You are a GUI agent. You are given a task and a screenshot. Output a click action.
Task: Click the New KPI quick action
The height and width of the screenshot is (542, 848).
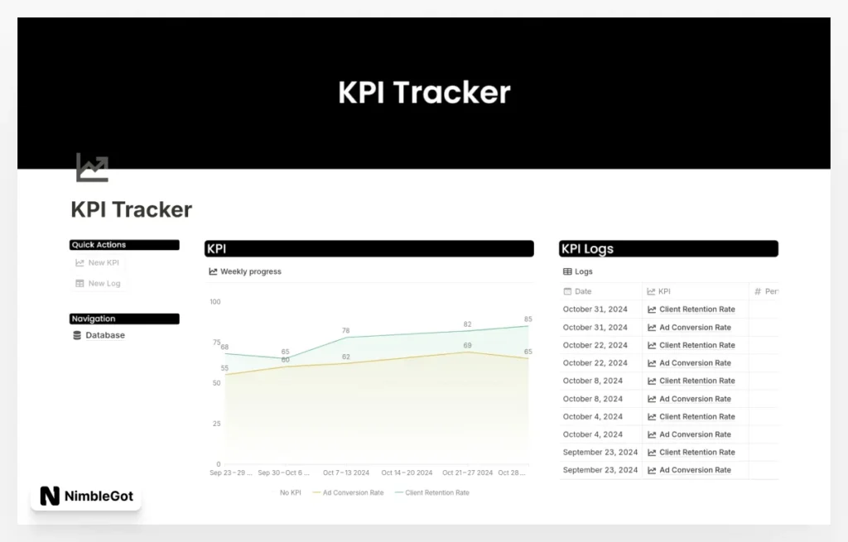(x=98, y=263)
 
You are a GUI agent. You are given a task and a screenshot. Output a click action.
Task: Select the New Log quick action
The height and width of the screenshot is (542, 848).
(x=98, y=284)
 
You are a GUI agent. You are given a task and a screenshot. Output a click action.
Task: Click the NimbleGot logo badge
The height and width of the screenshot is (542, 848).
(x=86, y=496)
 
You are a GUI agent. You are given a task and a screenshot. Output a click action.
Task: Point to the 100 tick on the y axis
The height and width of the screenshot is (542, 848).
(x=215, y=302)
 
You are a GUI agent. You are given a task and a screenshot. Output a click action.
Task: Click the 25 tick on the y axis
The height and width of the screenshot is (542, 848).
(x=217, y=424)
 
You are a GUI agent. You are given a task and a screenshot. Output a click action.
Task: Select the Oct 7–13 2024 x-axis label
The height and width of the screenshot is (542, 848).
(x=346, y=473)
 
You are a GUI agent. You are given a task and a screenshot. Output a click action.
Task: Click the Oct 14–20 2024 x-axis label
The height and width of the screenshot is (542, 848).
(x=407, y=473)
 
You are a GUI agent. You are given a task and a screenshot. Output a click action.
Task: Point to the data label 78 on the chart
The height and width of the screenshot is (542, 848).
(x=346, y=331)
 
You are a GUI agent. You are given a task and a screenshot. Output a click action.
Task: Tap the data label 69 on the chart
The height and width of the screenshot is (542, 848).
(x=467, y=346)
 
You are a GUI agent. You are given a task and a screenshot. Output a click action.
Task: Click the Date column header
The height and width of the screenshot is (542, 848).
(x=583, y=291)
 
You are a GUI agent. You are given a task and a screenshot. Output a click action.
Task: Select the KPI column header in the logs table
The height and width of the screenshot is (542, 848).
(x=664, y=291)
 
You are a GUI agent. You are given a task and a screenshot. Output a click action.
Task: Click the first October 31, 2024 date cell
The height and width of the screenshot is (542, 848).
(x=595, y=309)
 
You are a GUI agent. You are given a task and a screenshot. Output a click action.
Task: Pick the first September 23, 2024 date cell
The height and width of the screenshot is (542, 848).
(x=600, y=453)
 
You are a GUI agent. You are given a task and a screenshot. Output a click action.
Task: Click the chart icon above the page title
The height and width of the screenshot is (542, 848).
(x=92, y=167)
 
